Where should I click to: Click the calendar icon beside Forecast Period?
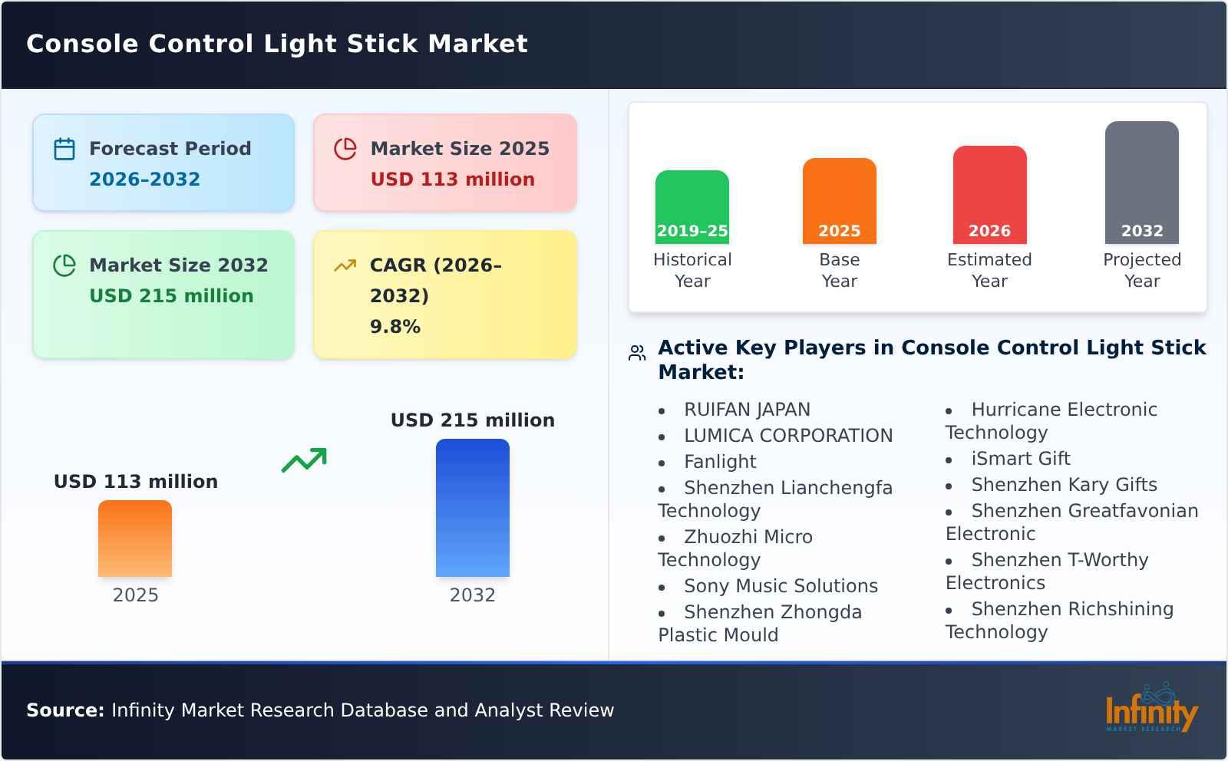pos(64,149)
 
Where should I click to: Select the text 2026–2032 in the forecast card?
pos(144,180)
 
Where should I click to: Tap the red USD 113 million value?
pos(452,180)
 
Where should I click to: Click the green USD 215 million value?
pos(171,296)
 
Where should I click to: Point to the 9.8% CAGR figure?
pos(394,327)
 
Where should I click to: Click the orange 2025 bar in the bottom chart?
pos(135,539)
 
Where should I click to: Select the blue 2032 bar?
pos(472,508)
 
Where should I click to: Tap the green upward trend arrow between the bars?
pos(304,460)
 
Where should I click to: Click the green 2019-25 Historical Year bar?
pos(692,207)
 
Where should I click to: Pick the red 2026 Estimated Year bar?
pos(989,195)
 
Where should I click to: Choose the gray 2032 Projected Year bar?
pos(1141,183)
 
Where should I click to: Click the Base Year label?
pos(839,270)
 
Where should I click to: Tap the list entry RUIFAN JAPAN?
pos(747,410)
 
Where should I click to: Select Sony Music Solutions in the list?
pos(781,586)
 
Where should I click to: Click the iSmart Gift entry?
pos(1020,459)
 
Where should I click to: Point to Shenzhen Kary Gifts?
pos(1064,485)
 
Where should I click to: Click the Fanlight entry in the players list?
pos(720,462)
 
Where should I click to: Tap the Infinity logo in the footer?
pos(1150,710)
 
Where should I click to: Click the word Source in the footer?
pos(64,710)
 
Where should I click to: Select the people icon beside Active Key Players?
pos(637,353)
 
